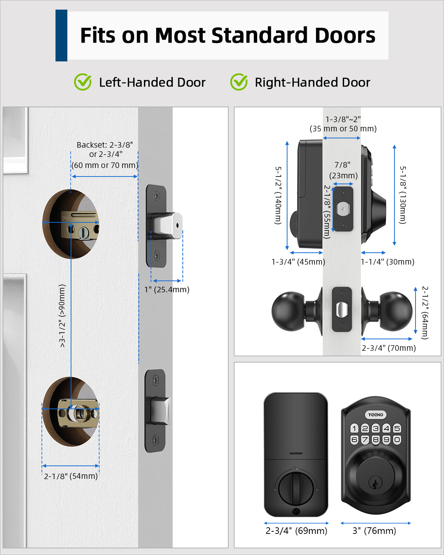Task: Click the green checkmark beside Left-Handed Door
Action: coord(83,82)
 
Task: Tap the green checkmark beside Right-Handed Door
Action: coord(239,82)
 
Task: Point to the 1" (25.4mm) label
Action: coord(167,289)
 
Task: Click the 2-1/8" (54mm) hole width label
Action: coord(71,476)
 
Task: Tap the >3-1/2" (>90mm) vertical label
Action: coord(62,316)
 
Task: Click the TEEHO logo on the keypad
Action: coord(376,415)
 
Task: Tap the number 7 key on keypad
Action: coord(365,440)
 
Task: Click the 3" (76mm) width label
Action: coord(374,531)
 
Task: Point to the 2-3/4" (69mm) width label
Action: coord(296,531)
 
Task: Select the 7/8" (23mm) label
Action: coord(343,170)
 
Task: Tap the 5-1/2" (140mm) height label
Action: coord(278,195)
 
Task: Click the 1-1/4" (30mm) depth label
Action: coord(387,262)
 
